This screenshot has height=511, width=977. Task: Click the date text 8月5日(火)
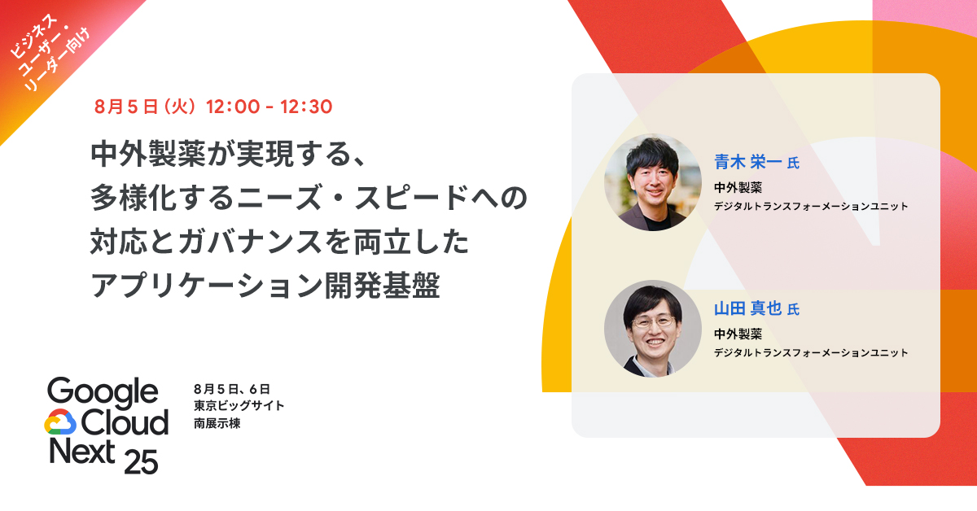[145, 107]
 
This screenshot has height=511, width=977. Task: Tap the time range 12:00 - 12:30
[269, 107]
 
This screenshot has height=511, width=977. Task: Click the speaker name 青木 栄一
[747, 162]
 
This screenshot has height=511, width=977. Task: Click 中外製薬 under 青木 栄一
[738, 187]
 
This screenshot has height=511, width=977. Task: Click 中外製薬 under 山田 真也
[738, 334]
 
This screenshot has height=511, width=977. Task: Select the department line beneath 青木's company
[810, 207]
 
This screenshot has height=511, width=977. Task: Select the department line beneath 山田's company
[810, 352]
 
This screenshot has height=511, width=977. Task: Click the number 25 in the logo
[141, 461]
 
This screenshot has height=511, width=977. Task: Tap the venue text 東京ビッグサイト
[239, 406]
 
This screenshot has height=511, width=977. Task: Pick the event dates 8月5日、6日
[226, 388]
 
